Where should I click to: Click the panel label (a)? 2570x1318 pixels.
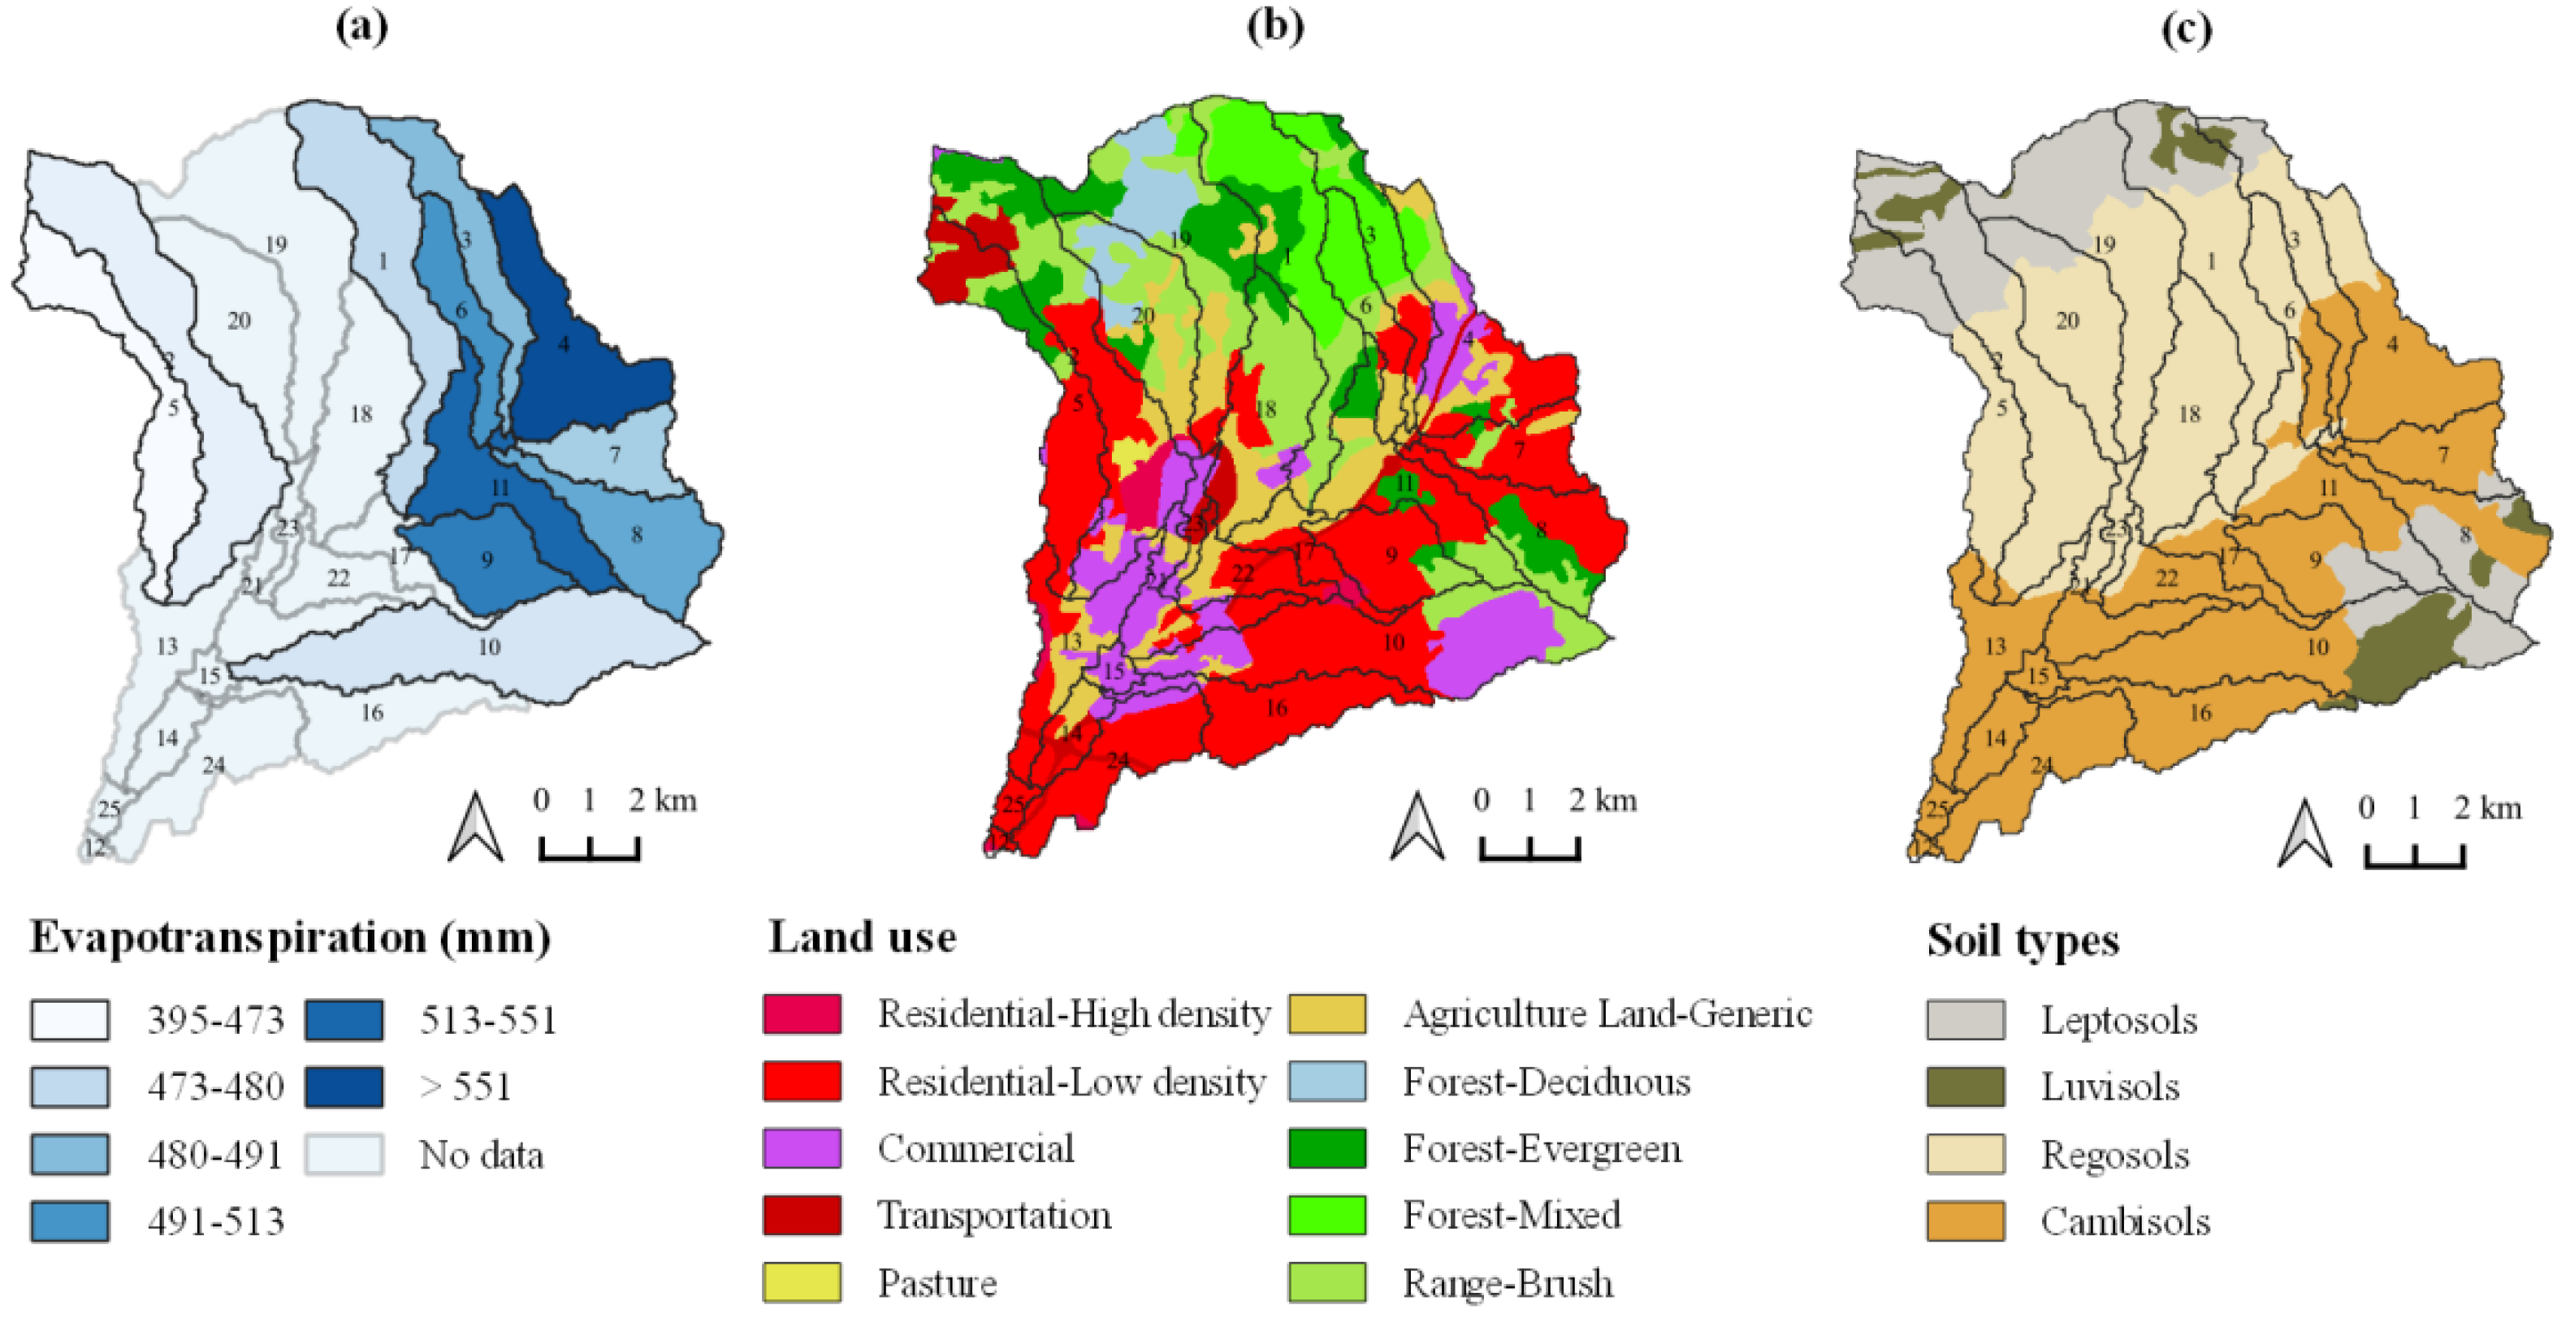(361, 26)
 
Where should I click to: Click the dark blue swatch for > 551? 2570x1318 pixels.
(344, 1087)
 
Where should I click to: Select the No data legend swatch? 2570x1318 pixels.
(344, 1155)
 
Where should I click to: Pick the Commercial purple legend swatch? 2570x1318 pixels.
(801, 1148)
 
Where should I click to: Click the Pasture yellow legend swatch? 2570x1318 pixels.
(801, 1282)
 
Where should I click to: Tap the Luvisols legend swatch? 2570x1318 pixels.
(1964, 1087)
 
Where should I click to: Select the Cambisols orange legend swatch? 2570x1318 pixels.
(1964, 1221)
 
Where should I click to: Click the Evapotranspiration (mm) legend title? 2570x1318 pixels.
(289, 938)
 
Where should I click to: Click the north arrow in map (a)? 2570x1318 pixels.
(475, 828)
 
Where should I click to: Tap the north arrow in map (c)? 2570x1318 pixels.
(2304, 833)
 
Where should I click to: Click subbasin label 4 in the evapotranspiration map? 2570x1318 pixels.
(564, 344)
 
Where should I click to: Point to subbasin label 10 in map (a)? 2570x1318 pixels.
(489, 646)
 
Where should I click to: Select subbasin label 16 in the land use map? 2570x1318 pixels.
(1276, 708)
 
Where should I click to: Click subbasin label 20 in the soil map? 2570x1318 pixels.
(2067, 320)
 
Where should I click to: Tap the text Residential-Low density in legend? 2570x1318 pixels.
(1071, 1082)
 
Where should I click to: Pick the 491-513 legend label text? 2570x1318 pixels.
(215, 1221)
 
